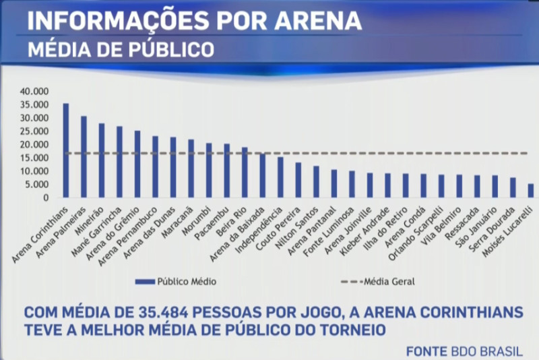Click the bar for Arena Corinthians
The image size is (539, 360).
click(x=66, y=151)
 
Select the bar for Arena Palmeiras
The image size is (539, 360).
click(x=84, y=157)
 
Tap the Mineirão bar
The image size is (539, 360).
click(x=102, y=160)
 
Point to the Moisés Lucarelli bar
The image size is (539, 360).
click(x=530, y=191)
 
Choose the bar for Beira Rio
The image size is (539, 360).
click(x=245, y=173)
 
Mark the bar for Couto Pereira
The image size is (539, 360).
click(x=298, y=180)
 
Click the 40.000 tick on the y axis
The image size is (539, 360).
click(x=35, y=92)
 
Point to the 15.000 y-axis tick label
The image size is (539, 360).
click(x=35, y=158)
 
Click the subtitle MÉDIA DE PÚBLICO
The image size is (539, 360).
click(x=121, y=50)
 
